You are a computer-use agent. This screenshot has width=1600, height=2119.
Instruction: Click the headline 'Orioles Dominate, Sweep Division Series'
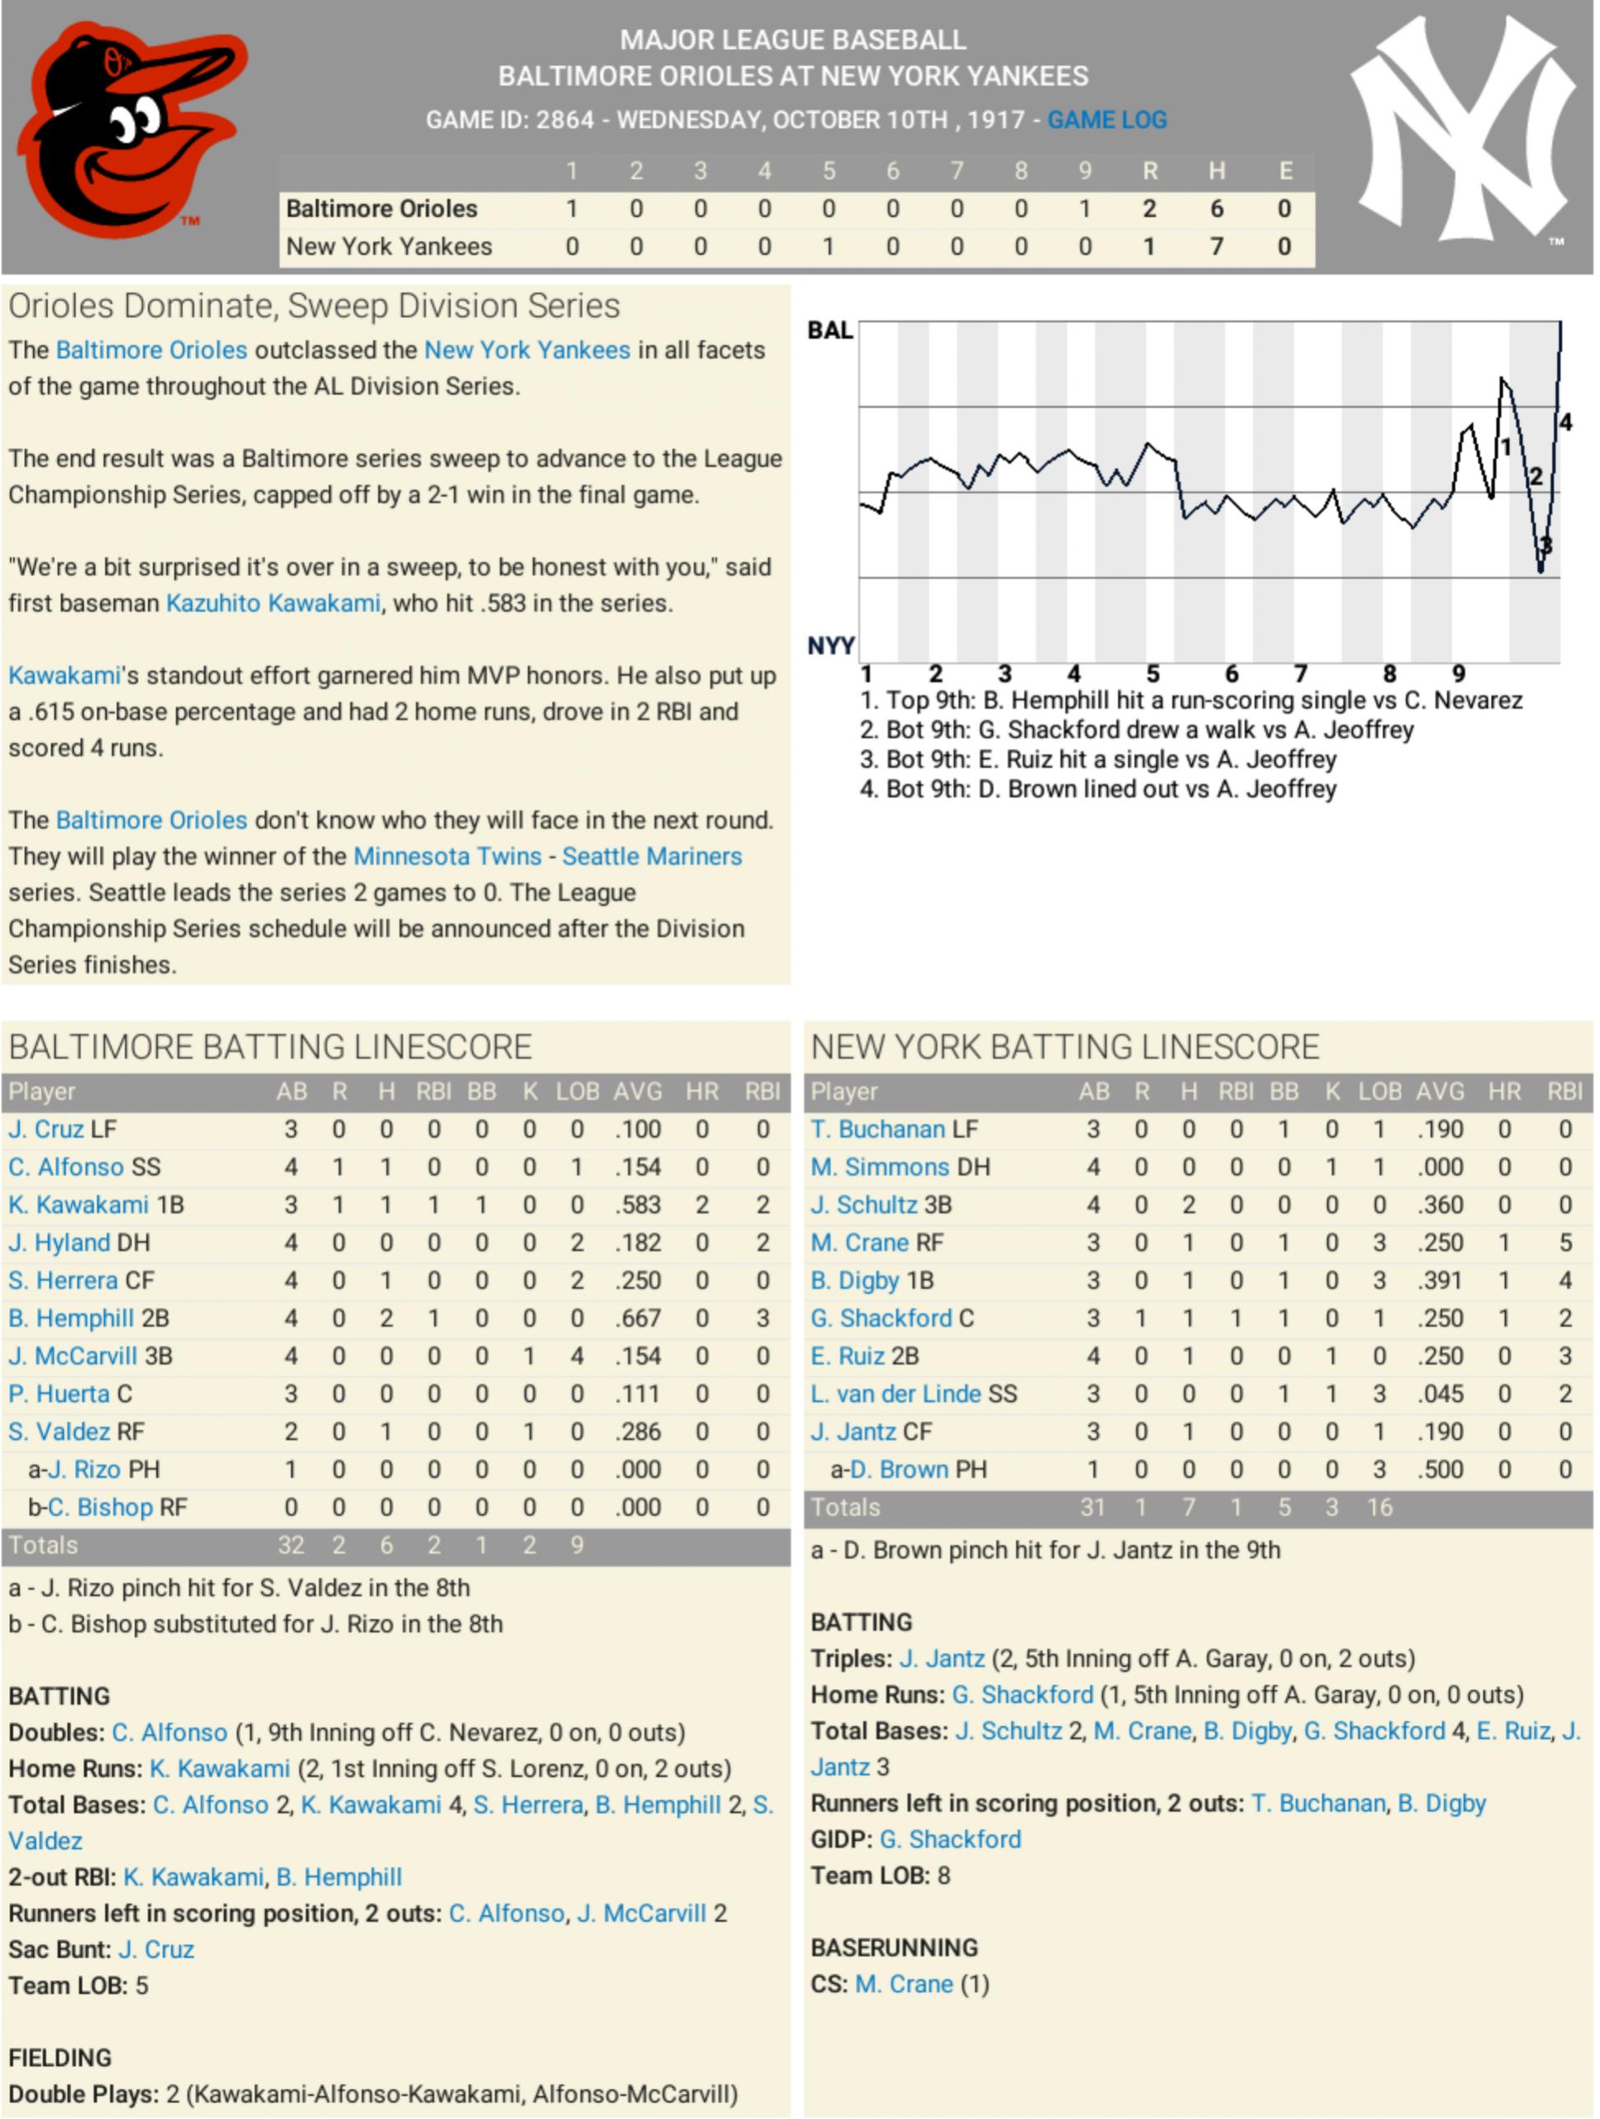point(314,306)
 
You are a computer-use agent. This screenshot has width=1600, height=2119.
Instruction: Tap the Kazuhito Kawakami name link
point(273,603)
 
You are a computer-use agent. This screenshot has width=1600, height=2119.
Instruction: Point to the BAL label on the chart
point(830,331)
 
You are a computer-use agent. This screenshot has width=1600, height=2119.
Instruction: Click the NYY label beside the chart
point(830,645)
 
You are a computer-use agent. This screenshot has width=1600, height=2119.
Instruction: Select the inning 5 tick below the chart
point(1152,673)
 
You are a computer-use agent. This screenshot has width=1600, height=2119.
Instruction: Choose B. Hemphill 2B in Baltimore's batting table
point(88,1318)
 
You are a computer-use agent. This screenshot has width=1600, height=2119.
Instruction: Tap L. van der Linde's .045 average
point(1440,1394)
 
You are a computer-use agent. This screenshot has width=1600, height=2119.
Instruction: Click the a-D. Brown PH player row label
point(908,1469)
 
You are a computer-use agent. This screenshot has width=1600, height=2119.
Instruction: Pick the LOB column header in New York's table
point(1380,1091)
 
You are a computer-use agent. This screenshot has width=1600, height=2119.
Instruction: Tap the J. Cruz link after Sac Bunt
point(156,1950)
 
